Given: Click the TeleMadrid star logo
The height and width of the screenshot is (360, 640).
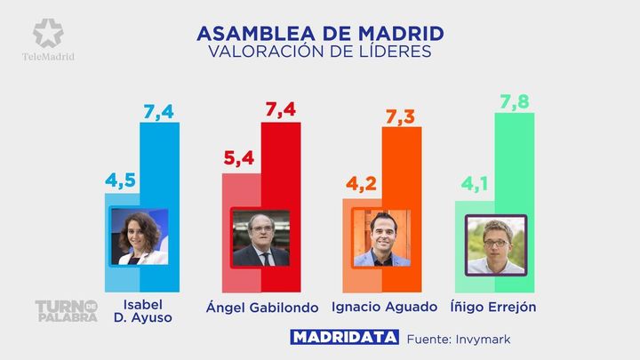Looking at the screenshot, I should point(48,34).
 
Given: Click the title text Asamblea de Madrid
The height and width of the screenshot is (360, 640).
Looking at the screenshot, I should point(320,34).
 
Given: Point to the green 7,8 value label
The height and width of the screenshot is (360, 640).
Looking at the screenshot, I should point(514,103).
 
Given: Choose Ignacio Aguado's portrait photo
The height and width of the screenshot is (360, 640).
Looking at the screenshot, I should point(382,238).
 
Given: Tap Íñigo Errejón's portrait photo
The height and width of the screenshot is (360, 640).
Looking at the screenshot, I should point(496,244).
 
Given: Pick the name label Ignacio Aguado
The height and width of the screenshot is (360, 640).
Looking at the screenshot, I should point(384,308).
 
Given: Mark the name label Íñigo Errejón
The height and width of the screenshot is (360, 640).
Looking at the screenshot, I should point(496,308).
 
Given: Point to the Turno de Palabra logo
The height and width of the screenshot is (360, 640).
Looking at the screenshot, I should point(65,310).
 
